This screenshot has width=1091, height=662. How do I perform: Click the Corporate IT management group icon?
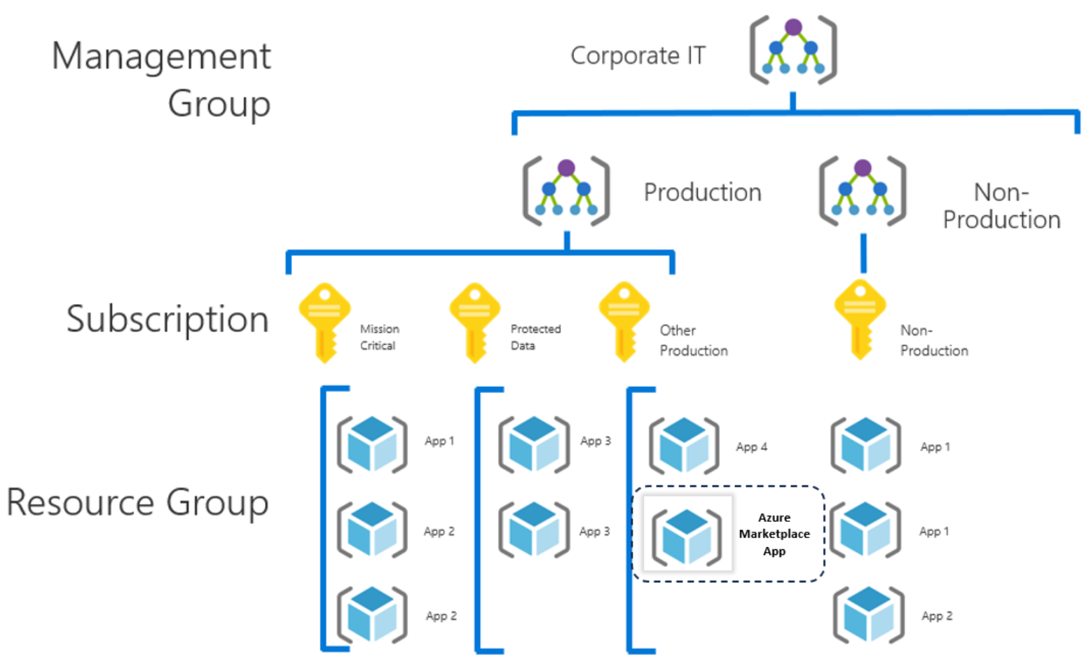pyautogui.click(x=793, y=50)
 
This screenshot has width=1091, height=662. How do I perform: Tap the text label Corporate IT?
pyautogui.click(x=638, y=55)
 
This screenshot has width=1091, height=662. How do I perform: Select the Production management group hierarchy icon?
pyautogui.click(x=566, y=191)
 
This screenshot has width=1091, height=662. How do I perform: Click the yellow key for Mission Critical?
pyautogui.click(x=324, y=322)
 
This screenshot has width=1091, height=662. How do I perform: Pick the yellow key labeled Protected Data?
pyautogui.click(x=474, y=322)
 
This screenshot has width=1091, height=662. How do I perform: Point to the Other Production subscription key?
pyautogui.click(x=624, y=322)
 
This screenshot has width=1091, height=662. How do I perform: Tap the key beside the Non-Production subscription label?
pyautogui.click(x=860, y=319)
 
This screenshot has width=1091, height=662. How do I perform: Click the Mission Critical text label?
pyautogui.click(x=379, y=337)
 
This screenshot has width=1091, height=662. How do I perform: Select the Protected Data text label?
pyautogui.click(x=535, y=337)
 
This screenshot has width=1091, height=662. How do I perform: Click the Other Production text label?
pyautogui.click(x=693, y=340)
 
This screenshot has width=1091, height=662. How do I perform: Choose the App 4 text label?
pyautogui.click(x=751, y=447)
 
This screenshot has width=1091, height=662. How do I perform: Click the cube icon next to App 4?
pyautogui.click(x=684, y=446)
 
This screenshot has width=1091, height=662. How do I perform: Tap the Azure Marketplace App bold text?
pyautogui.click(x=774, y=534)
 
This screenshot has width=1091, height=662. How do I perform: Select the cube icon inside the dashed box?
pyautogui.click(x=687, y=537)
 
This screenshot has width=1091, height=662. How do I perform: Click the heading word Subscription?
pyautogui.click(x=167, y=319)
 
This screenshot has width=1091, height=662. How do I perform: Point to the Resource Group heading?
pyautogui.click(x=137, y=502)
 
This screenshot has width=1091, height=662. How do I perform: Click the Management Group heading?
pyautogui.click(x=162, y=79)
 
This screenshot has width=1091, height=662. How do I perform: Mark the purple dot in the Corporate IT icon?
pyautogui.click(x=793, y=27)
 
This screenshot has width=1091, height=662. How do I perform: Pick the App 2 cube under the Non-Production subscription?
pyautogui.click(x=867, y=615)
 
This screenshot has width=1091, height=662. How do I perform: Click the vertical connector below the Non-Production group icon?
pyautogui.click(x=863, y=253)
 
